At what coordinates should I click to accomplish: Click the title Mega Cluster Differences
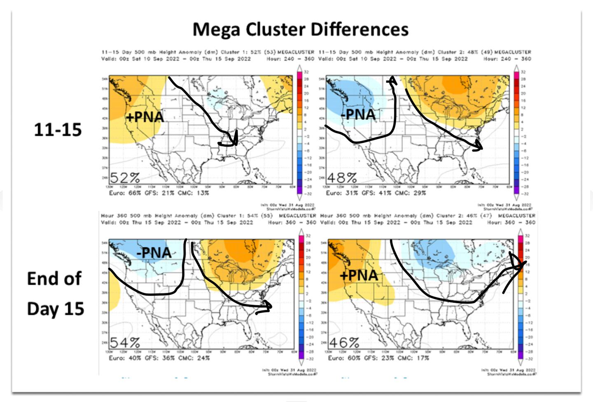click(301, 30)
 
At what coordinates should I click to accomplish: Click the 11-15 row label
click(58, 130)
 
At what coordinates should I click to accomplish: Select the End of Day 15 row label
click(55, 293)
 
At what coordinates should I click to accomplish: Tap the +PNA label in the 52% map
click(145, 117)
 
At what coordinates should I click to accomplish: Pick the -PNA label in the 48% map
click(358, 114)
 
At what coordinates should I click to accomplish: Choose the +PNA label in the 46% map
click(359, 275)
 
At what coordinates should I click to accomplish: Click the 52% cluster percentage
click(125, 178)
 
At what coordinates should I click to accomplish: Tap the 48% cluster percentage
click(341, 178)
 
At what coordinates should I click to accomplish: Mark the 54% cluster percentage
click(125, 342)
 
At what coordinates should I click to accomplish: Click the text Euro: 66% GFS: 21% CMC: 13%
click(159, 193)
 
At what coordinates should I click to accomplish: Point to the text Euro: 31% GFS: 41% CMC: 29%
click(376, 193)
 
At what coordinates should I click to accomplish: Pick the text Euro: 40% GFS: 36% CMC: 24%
click(159, 358)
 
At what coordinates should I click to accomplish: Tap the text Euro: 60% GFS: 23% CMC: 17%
click(378, 358)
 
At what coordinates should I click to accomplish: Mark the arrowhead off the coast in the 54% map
click(267, 307)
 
